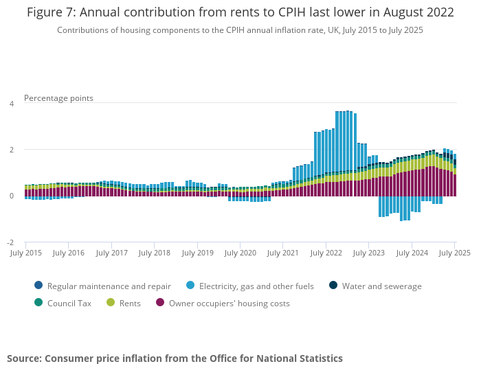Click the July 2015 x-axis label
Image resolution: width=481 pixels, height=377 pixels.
(x=26, y=253)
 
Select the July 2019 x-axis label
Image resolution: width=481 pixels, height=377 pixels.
(x=198, y=253)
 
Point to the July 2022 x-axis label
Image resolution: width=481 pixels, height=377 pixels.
(x=326, y=253)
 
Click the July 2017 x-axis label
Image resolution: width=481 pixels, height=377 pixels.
(x=112, y=253)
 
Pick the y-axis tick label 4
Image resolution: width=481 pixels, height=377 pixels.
(x=11, y=104)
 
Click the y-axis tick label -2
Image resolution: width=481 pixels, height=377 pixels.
(x=10, y=242)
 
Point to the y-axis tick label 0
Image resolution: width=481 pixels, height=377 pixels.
(x=11, y=196)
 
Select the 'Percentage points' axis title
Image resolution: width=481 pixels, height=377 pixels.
(x=58, y=98)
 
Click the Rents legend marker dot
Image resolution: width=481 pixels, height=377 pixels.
(x=111, y=303)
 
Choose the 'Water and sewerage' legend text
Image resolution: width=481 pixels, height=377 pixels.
(x=381, y=286)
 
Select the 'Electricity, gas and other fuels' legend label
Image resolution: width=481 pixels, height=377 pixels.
(x=258, y=286)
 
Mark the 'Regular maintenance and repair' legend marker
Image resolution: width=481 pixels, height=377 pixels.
(x=38, y=286)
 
